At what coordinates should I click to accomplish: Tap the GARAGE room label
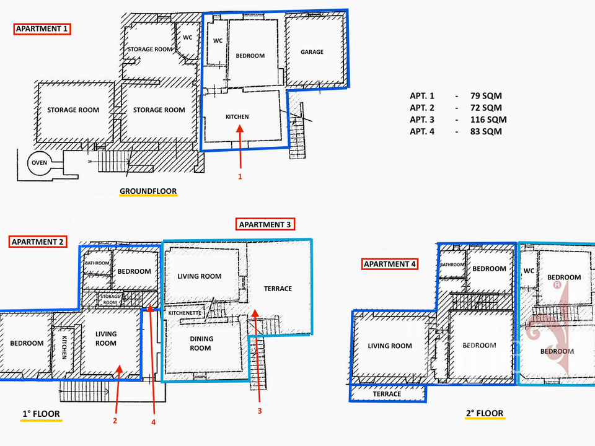(312, 52)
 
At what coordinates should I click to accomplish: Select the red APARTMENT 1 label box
(42, 29)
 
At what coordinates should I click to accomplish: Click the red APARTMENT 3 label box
(265, 224)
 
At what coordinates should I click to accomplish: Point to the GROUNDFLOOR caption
(148, 191)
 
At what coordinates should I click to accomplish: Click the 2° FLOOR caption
(485, 413)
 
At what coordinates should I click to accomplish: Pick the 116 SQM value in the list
(488, 120)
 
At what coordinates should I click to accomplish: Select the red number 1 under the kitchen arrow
(240, 177)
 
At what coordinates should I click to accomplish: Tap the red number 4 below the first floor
(153, 422)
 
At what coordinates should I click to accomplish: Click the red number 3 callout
(260, 411)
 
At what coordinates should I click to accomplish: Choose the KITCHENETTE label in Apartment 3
(185, 313)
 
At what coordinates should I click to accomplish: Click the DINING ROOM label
(201, 344)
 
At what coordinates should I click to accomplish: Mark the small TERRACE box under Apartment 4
(387, 394)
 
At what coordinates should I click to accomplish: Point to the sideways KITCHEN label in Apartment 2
(64, 348)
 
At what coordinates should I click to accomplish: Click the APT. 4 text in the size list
(422, 131)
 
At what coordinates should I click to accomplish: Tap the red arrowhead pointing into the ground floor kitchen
(239, 129)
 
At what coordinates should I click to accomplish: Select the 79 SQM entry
(486, 96)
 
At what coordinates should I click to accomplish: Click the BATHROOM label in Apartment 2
(97, 263)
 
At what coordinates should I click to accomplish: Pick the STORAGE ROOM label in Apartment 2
(110, 300)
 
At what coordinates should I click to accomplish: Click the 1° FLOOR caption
(41, 414)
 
